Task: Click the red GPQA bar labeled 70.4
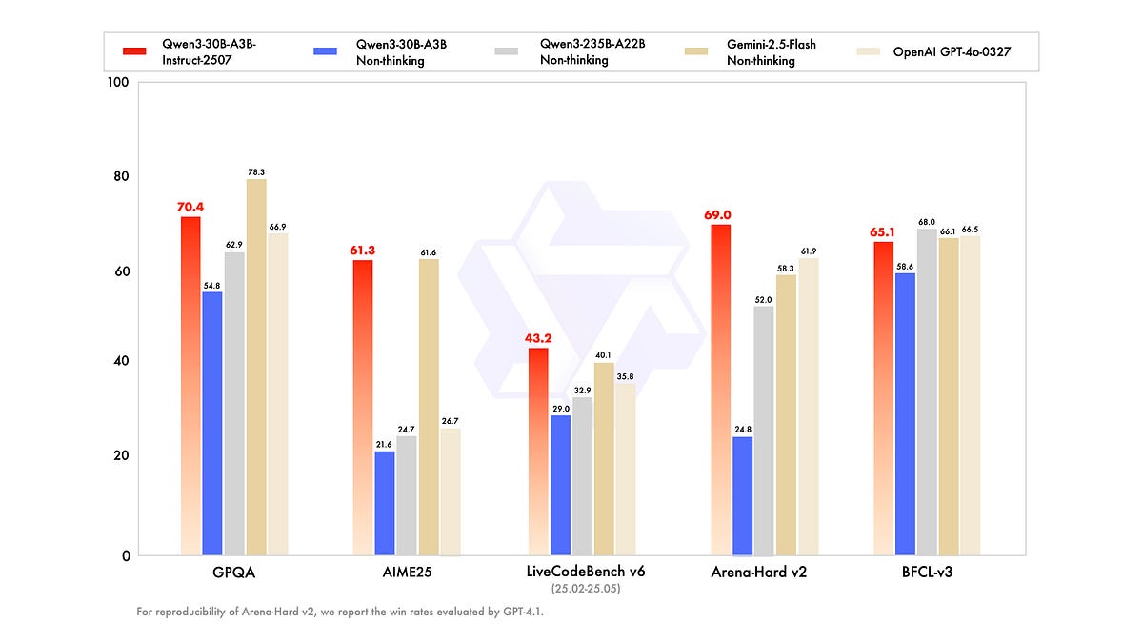click(190, 386)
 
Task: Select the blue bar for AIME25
click(385, 502)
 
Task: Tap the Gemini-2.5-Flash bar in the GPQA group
click(255, 367)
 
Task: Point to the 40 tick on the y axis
click(120, 362)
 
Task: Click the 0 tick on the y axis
click(124, 555)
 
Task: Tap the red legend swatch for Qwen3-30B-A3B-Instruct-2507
click(134, 50)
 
